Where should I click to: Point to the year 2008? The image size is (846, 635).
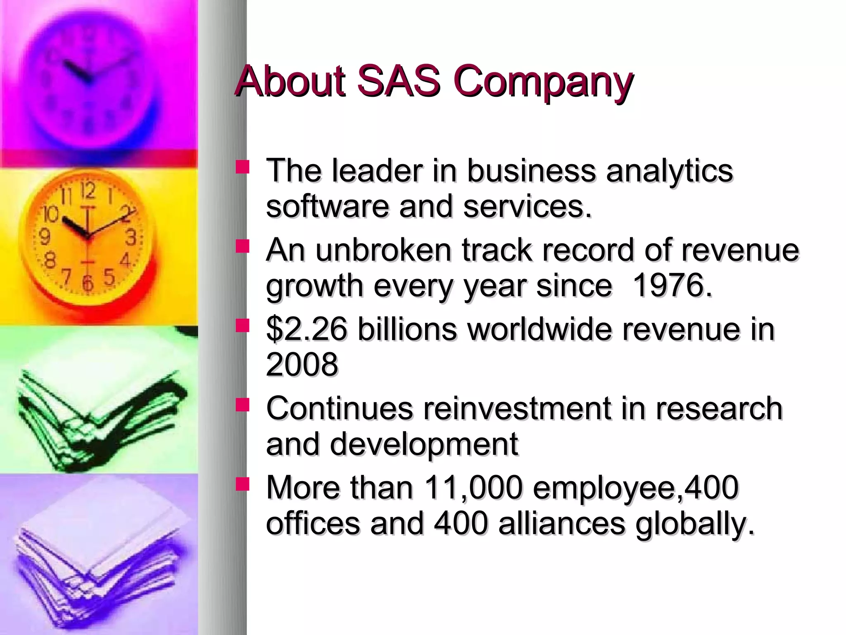[x=302, y=365]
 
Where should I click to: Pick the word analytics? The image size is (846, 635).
[x=669, y=171]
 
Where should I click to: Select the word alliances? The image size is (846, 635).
[x=561, y=523]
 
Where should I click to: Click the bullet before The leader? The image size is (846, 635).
[x=242, y=167]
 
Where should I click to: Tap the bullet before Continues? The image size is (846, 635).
[x=242, y=404]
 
